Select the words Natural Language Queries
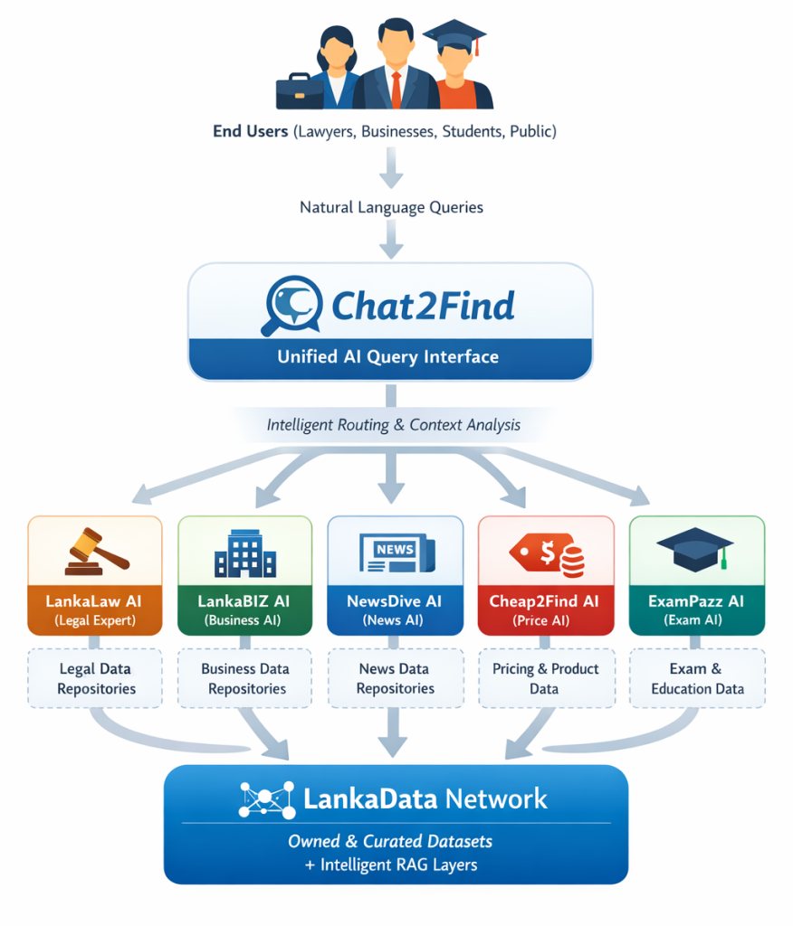tap(391, 207)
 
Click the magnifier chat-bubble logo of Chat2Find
tap(291, 305)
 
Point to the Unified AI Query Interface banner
tap(388, 356)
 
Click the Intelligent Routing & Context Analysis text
tap(393, 424)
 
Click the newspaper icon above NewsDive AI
tap(395, 551)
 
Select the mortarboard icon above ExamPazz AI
tap(695, 547)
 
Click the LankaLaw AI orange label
tap(95, 609)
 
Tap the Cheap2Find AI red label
tap(545, 609)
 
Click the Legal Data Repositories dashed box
tap(96, 678)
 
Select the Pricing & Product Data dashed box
tap(545, 678)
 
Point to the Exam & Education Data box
tap(696, 678)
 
